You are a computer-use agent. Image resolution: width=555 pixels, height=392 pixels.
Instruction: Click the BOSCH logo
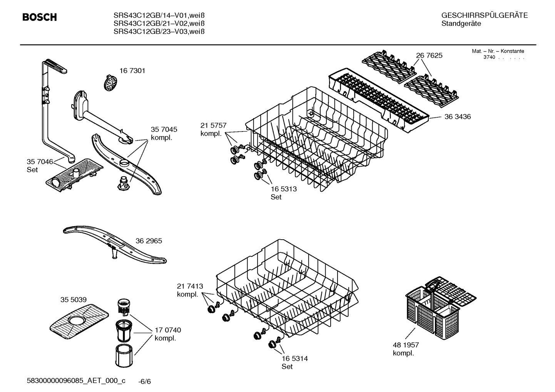[40, 17]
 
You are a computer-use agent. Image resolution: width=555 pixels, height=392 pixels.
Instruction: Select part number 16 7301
[132, 71]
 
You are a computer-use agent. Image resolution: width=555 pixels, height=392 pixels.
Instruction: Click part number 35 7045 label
[164, 130]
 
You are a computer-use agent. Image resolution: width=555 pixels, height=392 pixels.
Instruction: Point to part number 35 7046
[40, 162]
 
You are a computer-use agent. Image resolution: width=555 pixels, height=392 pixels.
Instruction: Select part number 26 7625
[429, 55]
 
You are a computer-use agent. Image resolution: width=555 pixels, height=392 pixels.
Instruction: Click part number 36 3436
[457, 117]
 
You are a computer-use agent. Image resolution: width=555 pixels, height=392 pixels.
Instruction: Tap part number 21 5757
[213, 125]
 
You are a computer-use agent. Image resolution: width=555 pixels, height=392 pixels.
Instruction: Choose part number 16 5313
[284, 189]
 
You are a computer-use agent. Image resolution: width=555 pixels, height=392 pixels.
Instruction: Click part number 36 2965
[149, 241]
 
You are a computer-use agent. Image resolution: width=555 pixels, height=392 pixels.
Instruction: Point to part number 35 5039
[73, 300]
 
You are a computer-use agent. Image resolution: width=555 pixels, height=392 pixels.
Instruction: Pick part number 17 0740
[167, 330]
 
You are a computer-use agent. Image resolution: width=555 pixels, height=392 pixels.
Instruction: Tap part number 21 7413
[190, 286]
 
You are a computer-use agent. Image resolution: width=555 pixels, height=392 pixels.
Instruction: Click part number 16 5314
[294, 359]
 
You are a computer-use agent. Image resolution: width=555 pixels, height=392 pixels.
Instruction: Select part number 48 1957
[406, 345]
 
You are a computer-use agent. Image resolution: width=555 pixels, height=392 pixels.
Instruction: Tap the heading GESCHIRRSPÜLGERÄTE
[484, 15]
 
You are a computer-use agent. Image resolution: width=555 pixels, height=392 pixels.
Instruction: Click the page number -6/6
[145, 382]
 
